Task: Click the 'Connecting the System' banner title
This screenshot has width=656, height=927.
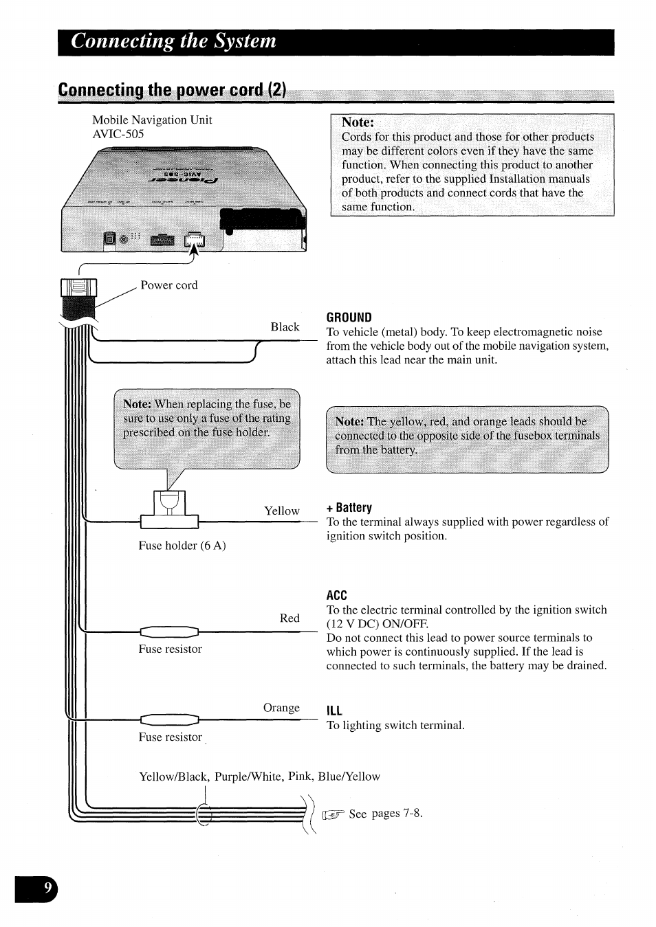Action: pyautogui.click(x=173, y=41)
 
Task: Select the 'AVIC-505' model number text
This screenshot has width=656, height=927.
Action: pyautogui.click(x=118, y=134)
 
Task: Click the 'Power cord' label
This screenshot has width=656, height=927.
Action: pyautogui.click(x=168, y=285)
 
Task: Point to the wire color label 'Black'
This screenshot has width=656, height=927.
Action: pyautogui.click(x=285, y=327)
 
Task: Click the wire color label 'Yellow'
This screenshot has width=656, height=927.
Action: pyautogui.click(x=282, y=511)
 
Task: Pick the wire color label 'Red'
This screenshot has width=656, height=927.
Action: pyautogui.click(x=289, y=618)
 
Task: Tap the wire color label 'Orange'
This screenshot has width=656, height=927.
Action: pyautogui.click(x=281, y=708)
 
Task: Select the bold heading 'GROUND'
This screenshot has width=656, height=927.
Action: pyautogui.click(x=349, y=317)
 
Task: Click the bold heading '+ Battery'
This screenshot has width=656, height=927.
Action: pyautogui.click(x=349, y=508)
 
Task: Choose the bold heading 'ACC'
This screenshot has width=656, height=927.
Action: pyautogui.click(x=337, y=595)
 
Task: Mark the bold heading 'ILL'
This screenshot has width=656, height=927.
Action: pyautogui.click(x=334, y=711)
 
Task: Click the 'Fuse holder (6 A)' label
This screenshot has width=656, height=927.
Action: pyautogui.click(x=182, y=546)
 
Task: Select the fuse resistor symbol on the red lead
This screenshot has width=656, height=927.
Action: pyautogui.click(x=169, y=632)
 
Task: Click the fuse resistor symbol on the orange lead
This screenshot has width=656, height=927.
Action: pyautogui.click(x=169, y=719)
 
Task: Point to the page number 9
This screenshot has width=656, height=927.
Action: pyautogui.click(x=47, y=889)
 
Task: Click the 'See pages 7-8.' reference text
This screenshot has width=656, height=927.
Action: pyautogui.click(x=385, y=814)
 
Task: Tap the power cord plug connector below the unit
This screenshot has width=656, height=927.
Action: pyautogui.click(x=78, y=295)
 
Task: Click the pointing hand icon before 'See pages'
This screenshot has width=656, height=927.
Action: pyautogui.click(x=334, y=815)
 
